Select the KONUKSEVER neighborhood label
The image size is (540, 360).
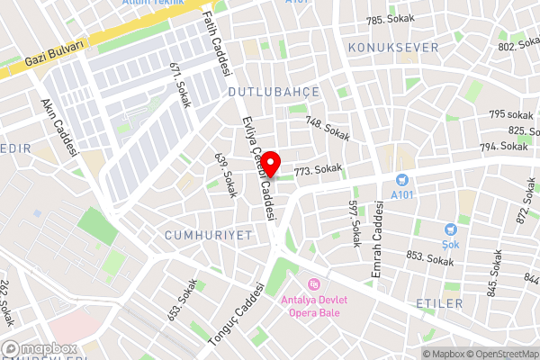(x=395, y=47)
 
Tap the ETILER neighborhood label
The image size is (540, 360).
(x=439, y=304)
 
